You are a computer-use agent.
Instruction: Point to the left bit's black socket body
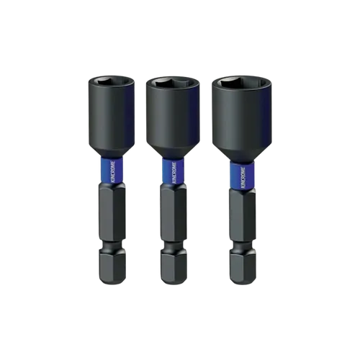(x=112, y=115)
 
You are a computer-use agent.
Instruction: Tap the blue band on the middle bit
(x=173, y=171)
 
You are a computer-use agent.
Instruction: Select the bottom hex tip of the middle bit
(x=173, y=268)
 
